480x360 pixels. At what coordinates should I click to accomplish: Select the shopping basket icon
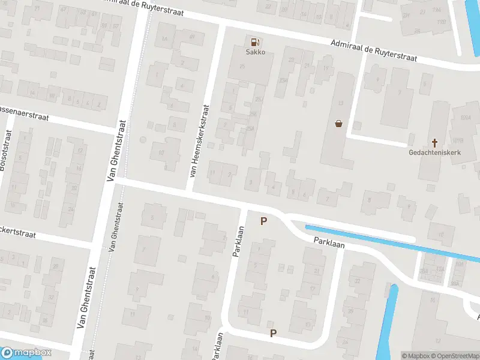tap(339, 124)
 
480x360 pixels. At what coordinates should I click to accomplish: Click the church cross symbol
tap(434, 143)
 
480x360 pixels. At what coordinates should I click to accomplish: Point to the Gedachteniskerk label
tap(434, 152)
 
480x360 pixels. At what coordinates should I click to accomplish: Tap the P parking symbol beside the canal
tap(263, 221)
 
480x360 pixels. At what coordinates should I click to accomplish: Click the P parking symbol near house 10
tap(274, 334)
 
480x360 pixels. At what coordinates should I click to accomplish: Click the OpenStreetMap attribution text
tap(454, 356)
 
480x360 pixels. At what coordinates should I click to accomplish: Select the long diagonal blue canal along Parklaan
tap(390, 242)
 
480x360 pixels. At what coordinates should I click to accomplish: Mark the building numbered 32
tap(357, 281)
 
